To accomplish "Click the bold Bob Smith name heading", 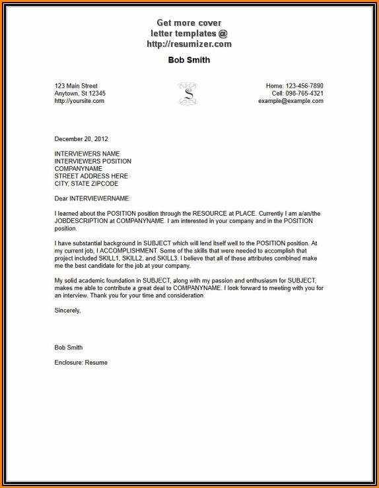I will (x=189, y=60).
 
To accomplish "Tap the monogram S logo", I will (x=188, y=94).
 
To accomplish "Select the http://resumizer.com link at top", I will (x=189, y=44).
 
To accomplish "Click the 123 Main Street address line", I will (x=76, y=86).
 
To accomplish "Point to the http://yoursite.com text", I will (x=79, y=101).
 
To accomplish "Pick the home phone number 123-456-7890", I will (x=304, y=86).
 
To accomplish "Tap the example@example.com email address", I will (x=291, y=101).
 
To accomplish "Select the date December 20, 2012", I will (x=81, y=139).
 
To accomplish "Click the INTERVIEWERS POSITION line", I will (x=93, y=162).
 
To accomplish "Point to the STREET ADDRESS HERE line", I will (x=91, y=176).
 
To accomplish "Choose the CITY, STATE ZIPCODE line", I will (x=91, y=184).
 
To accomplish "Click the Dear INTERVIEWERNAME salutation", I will (x=92, y=198).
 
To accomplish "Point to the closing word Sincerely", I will (x=68, y=311).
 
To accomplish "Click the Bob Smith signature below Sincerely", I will (x=69, y=348).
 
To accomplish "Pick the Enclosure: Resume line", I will (x=81, y=363).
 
